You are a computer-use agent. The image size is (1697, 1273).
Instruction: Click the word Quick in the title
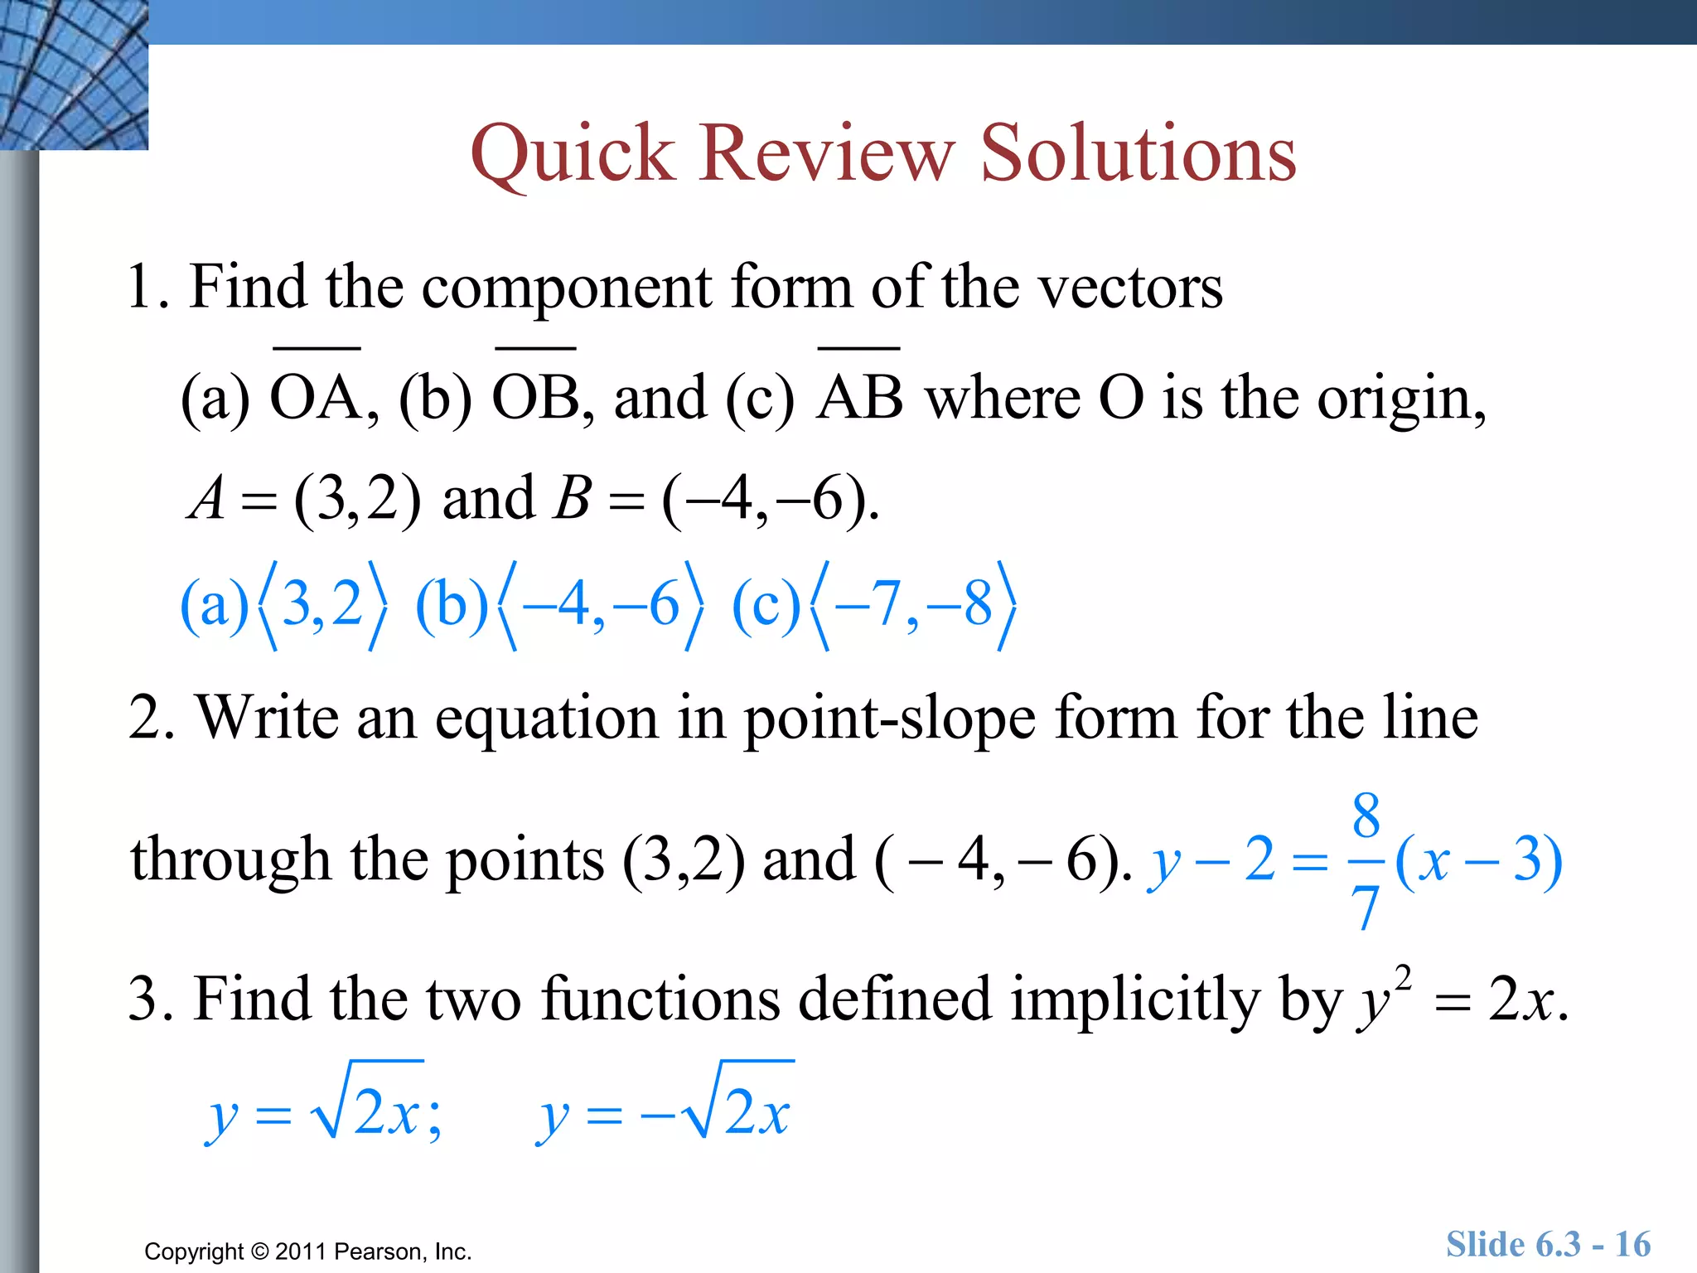click(572, 154)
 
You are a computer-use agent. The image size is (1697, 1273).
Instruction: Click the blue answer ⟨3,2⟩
click(322, 604)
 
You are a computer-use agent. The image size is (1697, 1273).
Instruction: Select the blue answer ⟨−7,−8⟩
click(913, 604)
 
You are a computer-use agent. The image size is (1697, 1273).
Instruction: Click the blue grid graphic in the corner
click(74, 75)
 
